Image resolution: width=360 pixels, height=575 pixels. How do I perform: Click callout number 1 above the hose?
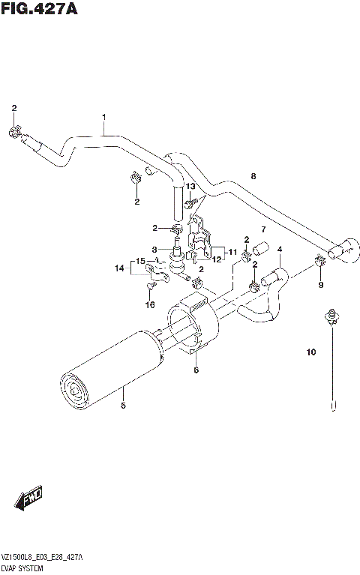point(103,117)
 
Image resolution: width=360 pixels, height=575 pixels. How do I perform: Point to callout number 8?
point(253,177)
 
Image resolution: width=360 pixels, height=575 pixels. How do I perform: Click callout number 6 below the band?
point(196,370)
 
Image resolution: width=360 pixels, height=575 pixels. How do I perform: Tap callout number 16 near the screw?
point(150,305)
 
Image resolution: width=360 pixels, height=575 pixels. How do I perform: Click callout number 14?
point(118,267)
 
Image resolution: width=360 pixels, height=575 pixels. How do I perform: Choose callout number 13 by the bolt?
point(190,186)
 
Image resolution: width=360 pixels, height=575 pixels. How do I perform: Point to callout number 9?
point(320,285)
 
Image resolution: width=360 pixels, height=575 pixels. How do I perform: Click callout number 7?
point(263,229)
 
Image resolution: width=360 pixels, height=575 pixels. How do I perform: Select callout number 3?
point(154,250)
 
